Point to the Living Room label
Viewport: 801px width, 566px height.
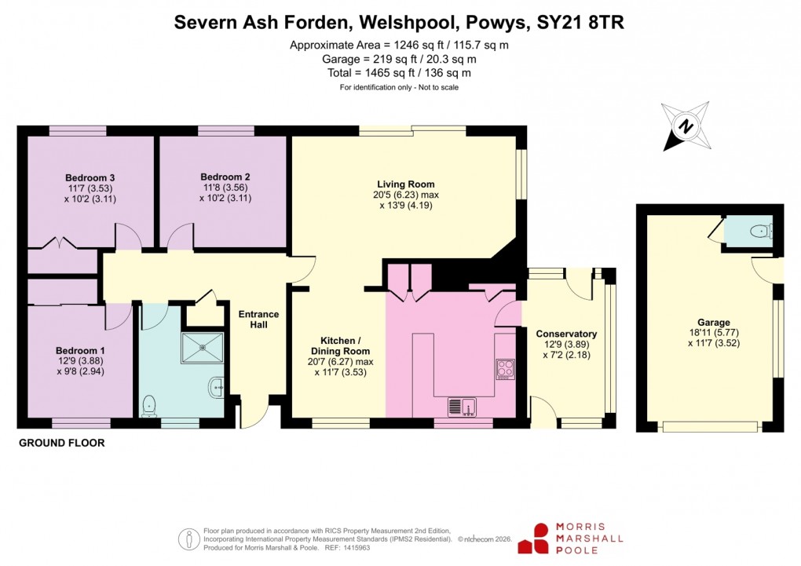coord(405,184)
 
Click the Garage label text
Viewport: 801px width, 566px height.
coord(713,323)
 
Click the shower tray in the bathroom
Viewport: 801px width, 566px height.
coord(203,348)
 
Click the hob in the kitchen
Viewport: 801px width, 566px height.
coord(504,368)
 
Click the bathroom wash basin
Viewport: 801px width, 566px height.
coord(218,385)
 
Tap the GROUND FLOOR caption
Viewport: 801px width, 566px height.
coord(61,444)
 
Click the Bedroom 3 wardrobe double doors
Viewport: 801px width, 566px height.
coord(63,243)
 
